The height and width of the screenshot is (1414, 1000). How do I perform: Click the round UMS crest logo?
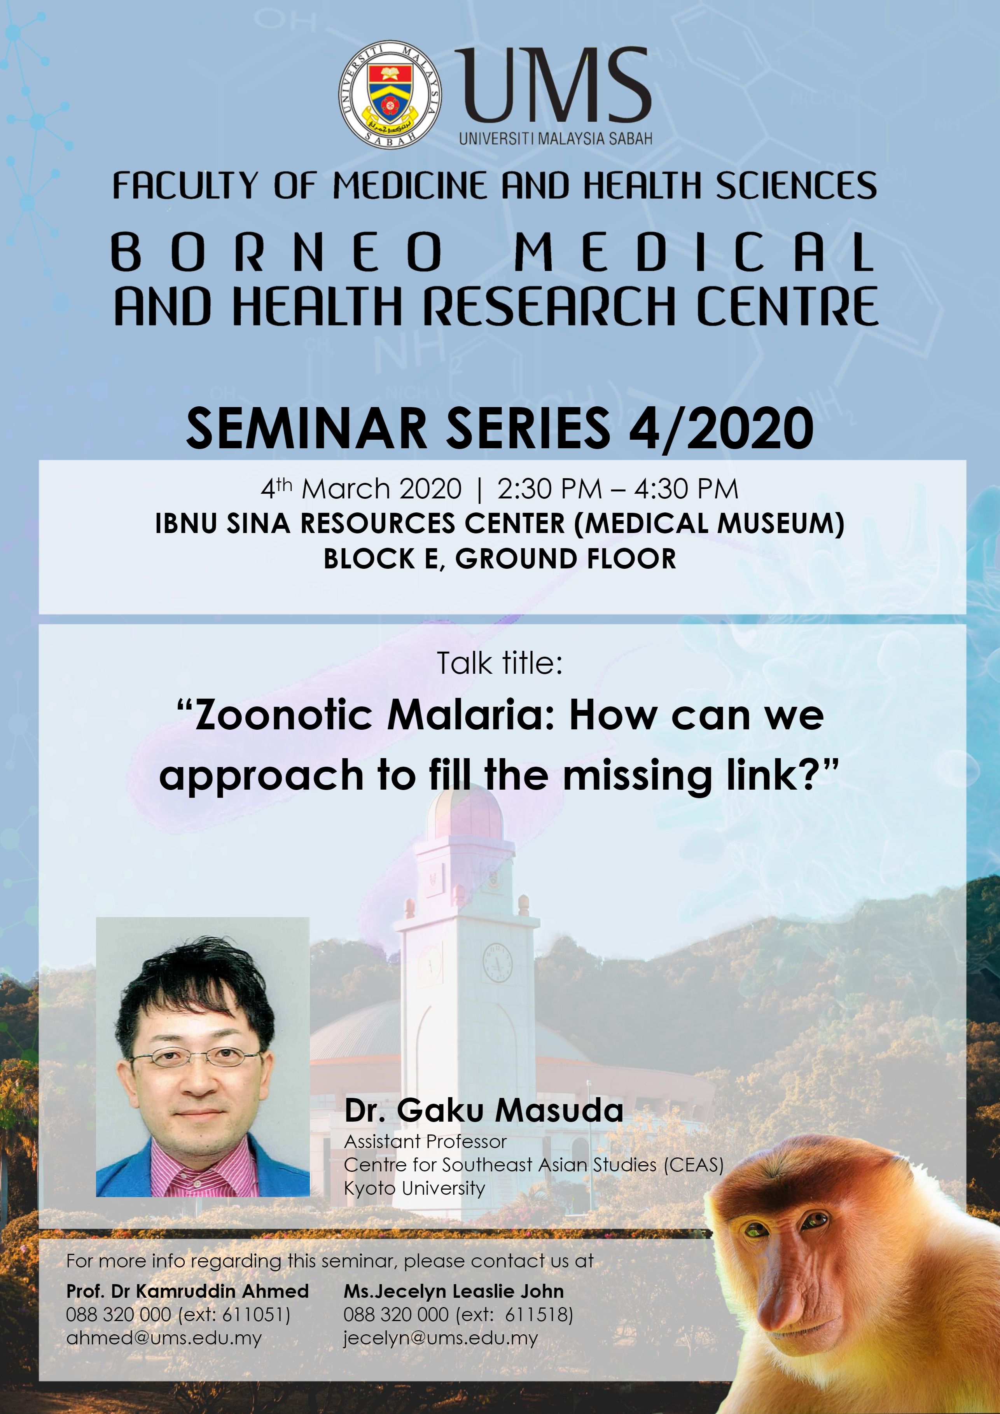[x=390, y=97]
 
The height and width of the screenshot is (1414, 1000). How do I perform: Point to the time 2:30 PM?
[x=549, y=489]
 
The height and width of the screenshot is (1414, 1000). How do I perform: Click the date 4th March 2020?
[x=361, y=489]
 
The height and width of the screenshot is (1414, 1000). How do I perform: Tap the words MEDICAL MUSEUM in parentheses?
[x=709, y=523]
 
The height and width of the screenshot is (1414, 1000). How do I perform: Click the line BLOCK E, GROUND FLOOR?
[x=500, y=559]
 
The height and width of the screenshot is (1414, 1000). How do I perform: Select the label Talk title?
[x=500, y=663]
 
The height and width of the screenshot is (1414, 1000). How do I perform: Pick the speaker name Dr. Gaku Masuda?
[x=484, y=1110]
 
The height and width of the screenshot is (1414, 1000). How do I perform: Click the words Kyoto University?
[x=414, y=1188]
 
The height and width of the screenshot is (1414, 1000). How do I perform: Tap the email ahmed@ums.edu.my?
[x=164, y=1338]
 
